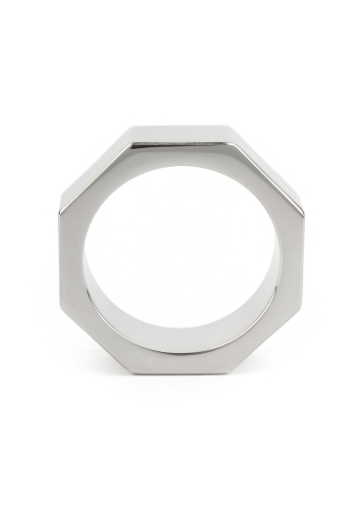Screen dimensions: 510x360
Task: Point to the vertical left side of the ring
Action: (x=72, y=254)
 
